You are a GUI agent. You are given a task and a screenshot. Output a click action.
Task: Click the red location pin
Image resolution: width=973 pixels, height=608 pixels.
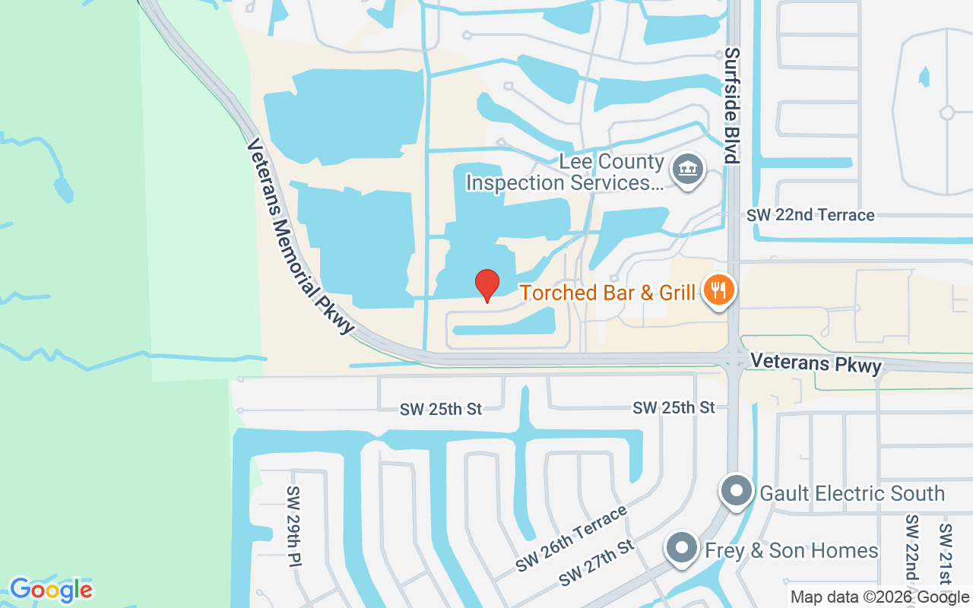click(487, 285)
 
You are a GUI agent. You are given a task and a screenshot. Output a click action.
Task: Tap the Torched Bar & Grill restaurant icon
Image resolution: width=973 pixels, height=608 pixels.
click(717, 290)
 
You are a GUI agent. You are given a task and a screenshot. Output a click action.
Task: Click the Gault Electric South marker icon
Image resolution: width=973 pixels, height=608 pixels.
click(737, 492)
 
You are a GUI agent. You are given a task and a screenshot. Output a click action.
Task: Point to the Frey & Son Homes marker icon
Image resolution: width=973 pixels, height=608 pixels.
click(682, 549)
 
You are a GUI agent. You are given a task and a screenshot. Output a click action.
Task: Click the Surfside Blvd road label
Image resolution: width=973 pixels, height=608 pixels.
click(731, 106)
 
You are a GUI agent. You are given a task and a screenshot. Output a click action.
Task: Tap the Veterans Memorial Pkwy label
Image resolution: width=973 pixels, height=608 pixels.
click(301, 236)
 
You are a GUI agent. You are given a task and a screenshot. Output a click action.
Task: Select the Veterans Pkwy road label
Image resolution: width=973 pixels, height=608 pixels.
click(816, 363)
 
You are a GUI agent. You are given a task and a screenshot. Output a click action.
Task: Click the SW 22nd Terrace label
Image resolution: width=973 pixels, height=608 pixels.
click(810, 215)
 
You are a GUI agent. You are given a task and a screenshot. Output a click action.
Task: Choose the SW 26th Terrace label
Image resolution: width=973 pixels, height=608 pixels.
click(572, 539)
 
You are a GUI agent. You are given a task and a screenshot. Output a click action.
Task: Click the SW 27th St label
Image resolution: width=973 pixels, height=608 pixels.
click(596, 563)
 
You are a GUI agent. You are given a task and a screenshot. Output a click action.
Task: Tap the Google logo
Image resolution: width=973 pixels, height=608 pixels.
click(51, 590)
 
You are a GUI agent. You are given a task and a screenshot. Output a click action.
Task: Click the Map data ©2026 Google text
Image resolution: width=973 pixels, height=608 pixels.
click(880, 597)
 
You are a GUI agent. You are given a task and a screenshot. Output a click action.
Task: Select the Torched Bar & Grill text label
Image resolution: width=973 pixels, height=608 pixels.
click(607, 293)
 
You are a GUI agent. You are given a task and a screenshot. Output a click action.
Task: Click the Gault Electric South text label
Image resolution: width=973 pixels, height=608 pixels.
click(852, 493)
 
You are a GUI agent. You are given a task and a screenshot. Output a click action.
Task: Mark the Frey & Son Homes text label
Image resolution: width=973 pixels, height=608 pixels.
click(791, 550)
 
